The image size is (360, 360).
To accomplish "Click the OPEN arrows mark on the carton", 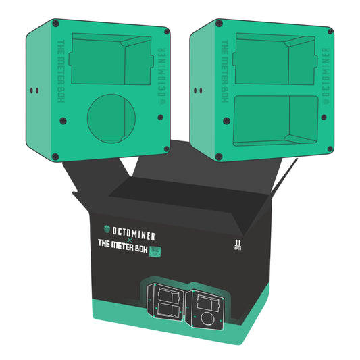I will point(236,244).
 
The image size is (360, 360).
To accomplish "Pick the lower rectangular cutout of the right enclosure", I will point(276,120).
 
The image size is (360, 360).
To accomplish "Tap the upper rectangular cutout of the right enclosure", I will point(276,60).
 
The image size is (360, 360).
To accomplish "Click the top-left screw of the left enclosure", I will point(55,24).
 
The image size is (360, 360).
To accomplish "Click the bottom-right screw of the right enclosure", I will point(330,149).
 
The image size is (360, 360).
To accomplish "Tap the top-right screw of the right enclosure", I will point(330,32).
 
